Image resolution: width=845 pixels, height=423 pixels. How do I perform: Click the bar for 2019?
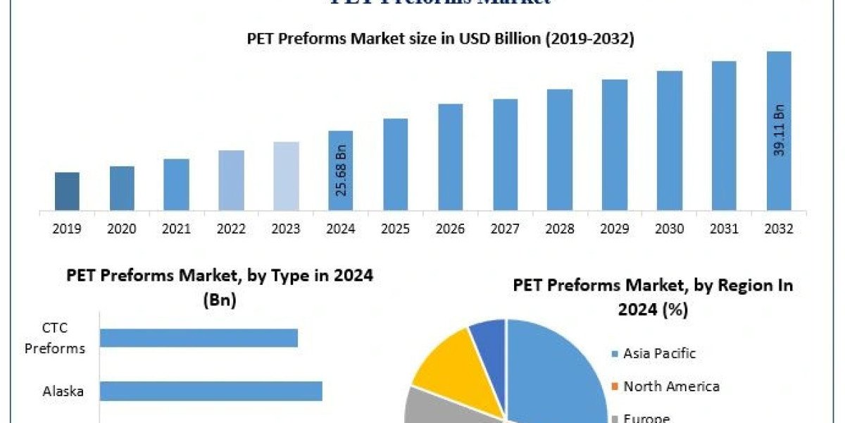pyautogui.click(x=67, y=191)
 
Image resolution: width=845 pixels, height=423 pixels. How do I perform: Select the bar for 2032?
pyautogui.click(x=779, y=131)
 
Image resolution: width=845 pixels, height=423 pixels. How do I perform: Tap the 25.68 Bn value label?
pyautogui.click(x=341, y=171)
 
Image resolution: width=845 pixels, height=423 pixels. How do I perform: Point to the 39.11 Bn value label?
pyautogui.click(x=780, y=131)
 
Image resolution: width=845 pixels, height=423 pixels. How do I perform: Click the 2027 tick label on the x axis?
pyautogui.click(x=505, y=229)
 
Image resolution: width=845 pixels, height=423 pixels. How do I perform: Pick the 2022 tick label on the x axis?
pyautogui.click(x=231, y=229)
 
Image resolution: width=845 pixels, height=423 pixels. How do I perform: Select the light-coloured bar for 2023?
pyautogui.click(x=286, y=176)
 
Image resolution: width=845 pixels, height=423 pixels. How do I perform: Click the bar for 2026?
pyautogui.click(x=450, y=157)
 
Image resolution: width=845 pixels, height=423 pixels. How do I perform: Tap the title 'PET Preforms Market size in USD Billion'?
pyautogui.click(x=440, y=39)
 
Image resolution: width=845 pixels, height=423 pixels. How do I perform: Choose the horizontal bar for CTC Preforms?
pyautogui.click(x=199, y=338)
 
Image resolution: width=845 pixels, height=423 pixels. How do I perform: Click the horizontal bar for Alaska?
pyautogui.click(x=211, y=391)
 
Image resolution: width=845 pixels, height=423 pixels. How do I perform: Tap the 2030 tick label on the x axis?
pyautogui.click(x=670, y=229)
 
